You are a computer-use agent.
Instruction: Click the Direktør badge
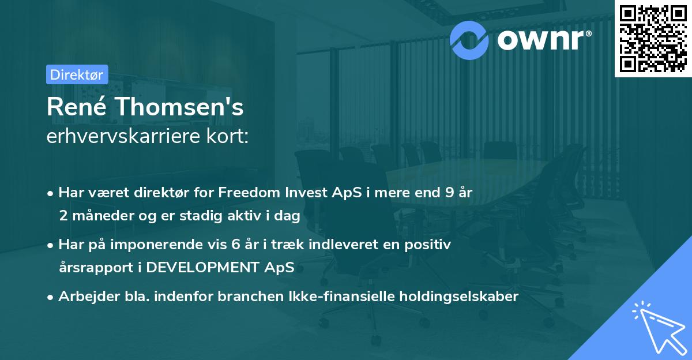click(x=77, y=74)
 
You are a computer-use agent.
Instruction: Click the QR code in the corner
click(x=653, y=38)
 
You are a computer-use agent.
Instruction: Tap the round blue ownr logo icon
click(x=469, y=39)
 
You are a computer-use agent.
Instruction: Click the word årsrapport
click(x=92, y=268)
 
